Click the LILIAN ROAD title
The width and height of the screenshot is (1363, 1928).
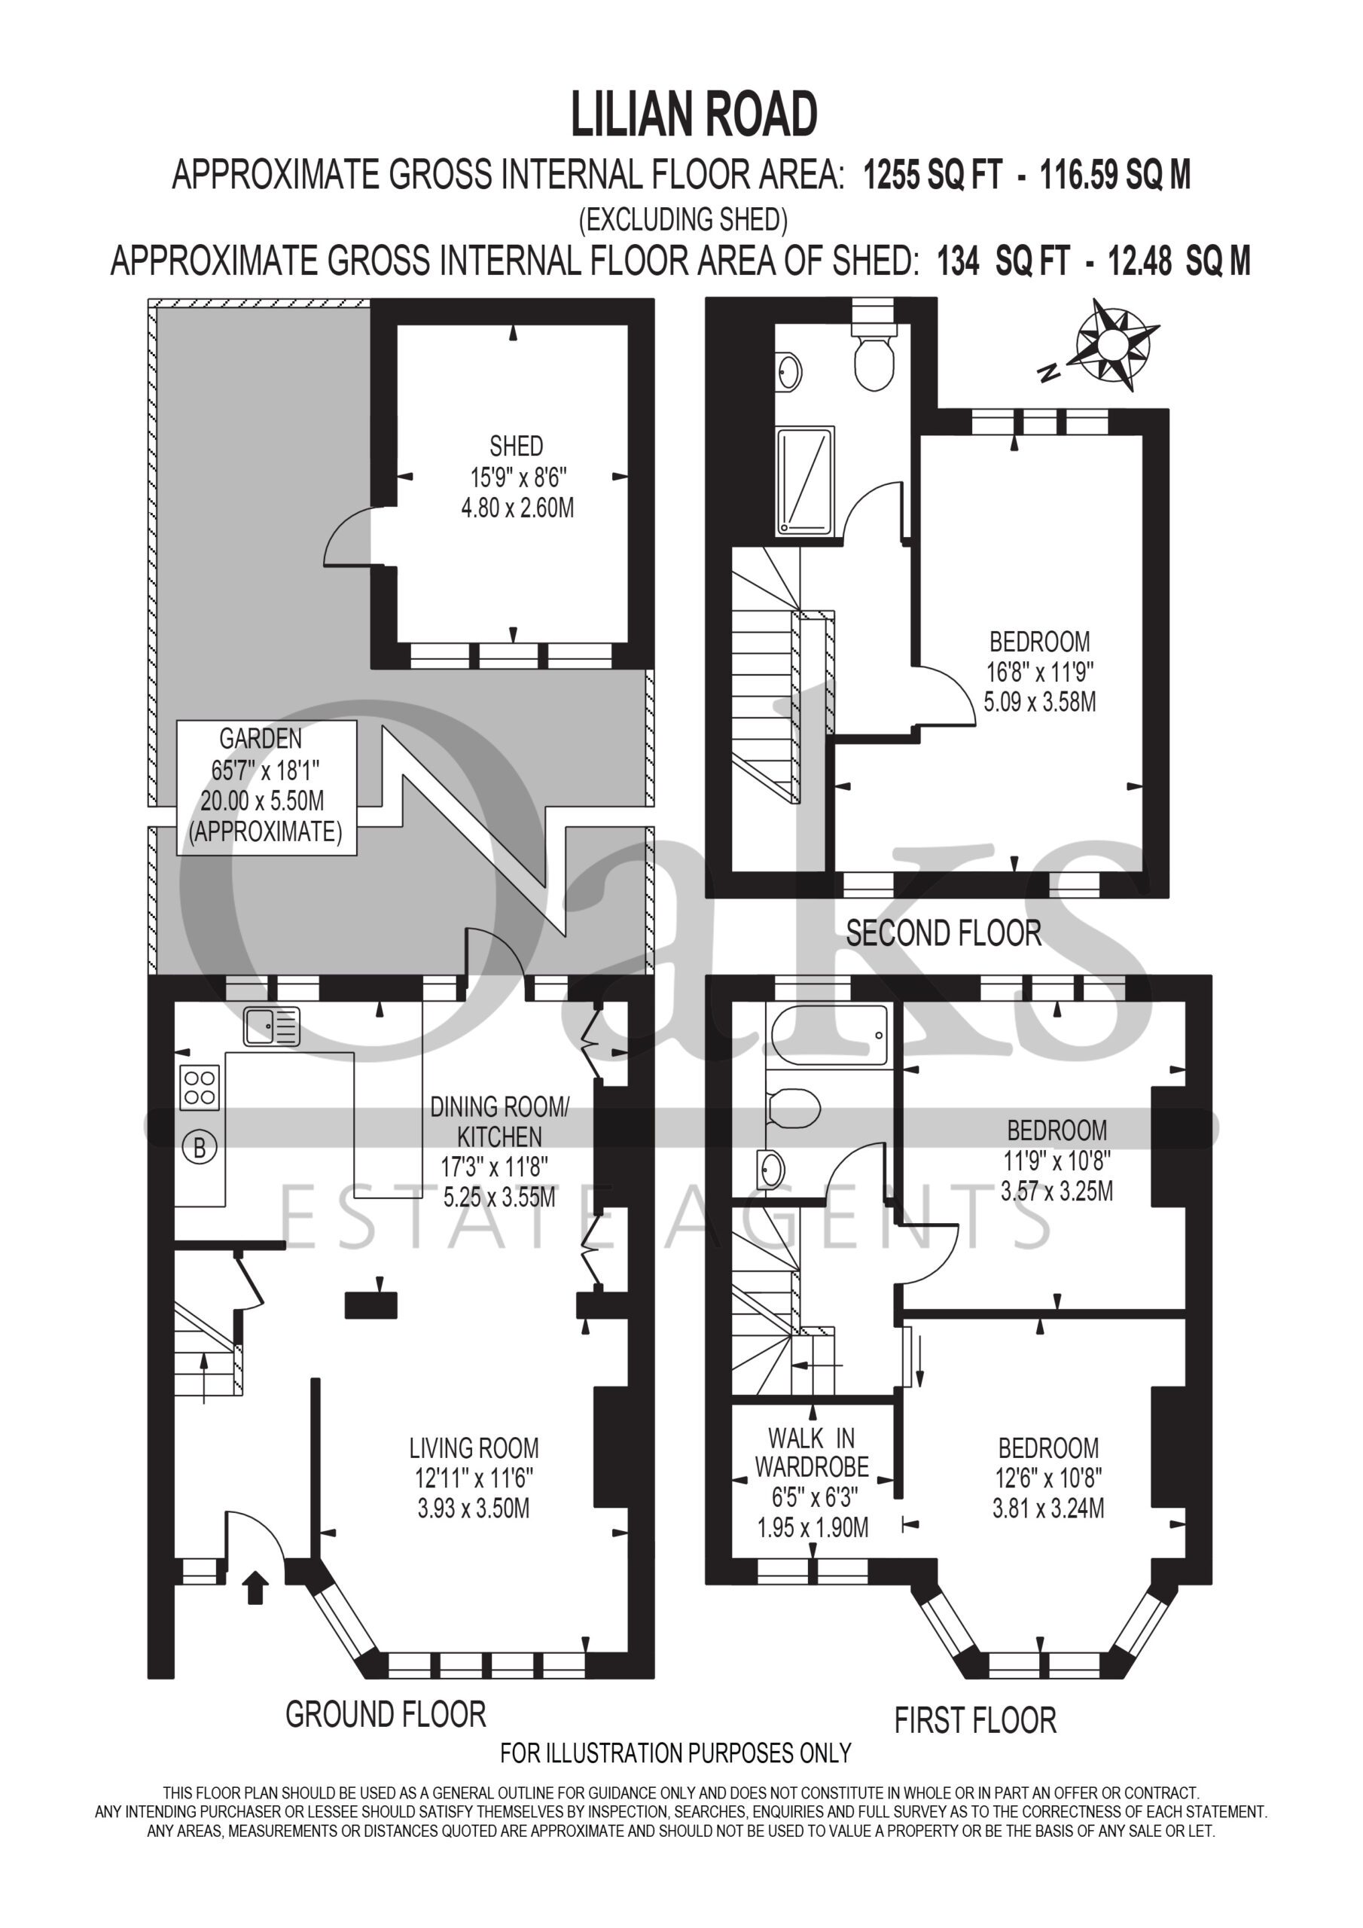click(x=694, y=116)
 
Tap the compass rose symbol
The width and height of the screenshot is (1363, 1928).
click(x=1114, y=344)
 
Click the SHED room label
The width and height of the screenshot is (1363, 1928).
click(x=517, y=446)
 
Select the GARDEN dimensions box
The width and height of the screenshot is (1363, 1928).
click(x=267, y=787)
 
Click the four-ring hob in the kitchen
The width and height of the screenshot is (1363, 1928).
click(x=200, y=1087)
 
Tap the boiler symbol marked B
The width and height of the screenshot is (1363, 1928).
click(x=200, y=1147)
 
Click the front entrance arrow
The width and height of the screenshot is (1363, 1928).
click(x=255, y=1588)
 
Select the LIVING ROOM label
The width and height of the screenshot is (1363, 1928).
click(x=474, y=1448)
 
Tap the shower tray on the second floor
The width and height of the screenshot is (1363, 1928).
click(x=807, y=480)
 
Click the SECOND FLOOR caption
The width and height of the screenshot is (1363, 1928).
click(x=943, y=933)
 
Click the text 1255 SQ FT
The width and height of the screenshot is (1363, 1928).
click(x=933, y=175)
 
